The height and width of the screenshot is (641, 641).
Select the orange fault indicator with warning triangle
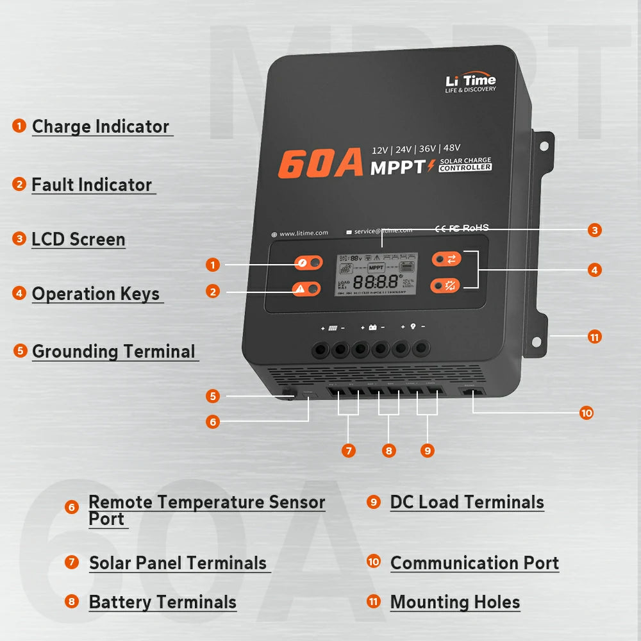306,290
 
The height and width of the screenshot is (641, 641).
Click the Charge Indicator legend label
101,126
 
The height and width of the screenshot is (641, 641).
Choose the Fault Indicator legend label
92,185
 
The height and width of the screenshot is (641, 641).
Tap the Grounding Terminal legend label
113,351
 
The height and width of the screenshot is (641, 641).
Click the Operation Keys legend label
96,294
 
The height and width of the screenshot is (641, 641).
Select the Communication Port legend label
474,563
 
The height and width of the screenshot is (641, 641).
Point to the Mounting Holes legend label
455,603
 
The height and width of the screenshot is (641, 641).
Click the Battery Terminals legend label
163,603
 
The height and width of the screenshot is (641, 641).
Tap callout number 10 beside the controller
586,413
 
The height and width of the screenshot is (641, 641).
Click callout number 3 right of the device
595,230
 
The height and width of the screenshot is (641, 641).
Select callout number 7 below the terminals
349,451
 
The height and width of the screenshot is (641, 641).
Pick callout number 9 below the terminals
428,451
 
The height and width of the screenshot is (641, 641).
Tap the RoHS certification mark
475,228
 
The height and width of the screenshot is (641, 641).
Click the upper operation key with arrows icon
447,259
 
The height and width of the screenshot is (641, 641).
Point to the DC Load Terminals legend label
467,503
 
